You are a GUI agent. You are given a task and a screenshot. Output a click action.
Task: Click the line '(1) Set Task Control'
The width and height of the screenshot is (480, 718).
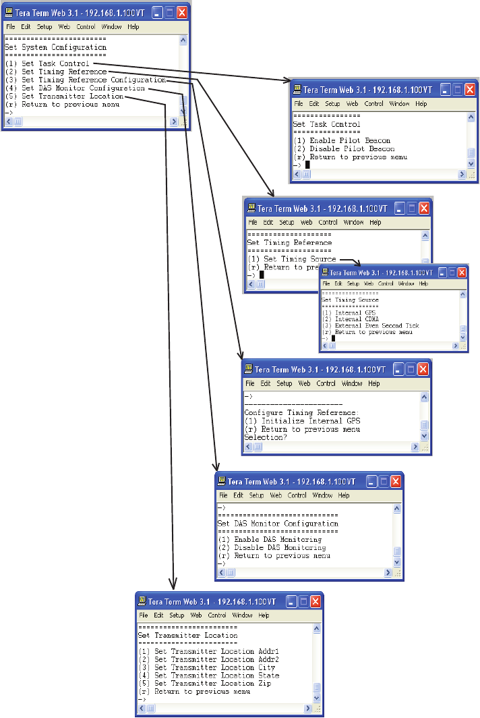pos(55,63)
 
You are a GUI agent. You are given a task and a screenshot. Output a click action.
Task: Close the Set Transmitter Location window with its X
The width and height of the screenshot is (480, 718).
pos(313,601)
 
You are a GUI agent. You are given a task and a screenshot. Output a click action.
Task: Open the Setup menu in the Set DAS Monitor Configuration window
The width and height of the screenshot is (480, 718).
pos(257,495)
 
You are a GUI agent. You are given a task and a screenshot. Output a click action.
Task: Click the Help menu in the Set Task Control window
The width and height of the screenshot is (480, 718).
pos(421,104)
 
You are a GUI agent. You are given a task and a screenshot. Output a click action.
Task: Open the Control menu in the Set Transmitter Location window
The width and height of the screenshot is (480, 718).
pos(217,615)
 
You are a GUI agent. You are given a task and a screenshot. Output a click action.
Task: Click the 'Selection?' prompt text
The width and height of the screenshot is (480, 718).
pos(265,437)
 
